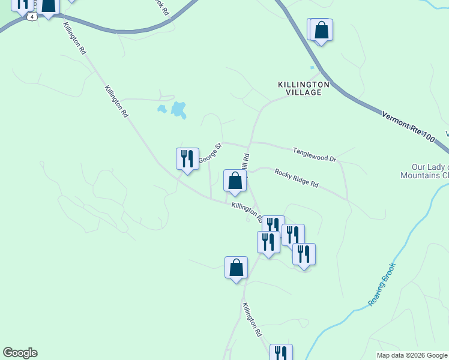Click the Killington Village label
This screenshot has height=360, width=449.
click(303, 88)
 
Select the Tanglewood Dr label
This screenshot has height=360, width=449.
click(314, 154)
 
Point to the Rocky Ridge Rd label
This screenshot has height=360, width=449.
click(296, 177)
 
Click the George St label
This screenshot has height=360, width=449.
click(210, 152)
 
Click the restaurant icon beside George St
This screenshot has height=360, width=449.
click(187, 159)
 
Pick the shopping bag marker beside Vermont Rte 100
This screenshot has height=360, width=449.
click(321, 30)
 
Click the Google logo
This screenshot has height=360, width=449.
click(20, 353)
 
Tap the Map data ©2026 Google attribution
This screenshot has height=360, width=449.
click(412, 355)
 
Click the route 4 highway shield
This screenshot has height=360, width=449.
click(31, 17)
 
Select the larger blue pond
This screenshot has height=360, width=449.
click(178, 109)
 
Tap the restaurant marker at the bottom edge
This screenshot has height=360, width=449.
click(280, 353)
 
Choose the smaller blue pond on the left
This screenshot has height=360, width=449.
click(161, 109)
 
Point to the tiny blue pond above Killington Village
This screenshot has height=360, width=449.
click(311, 68)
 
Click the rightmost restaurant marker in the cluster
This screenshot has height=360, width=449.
click(304, 254)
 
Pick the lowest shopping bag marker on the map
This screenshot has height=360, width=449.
click(237, 268)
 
